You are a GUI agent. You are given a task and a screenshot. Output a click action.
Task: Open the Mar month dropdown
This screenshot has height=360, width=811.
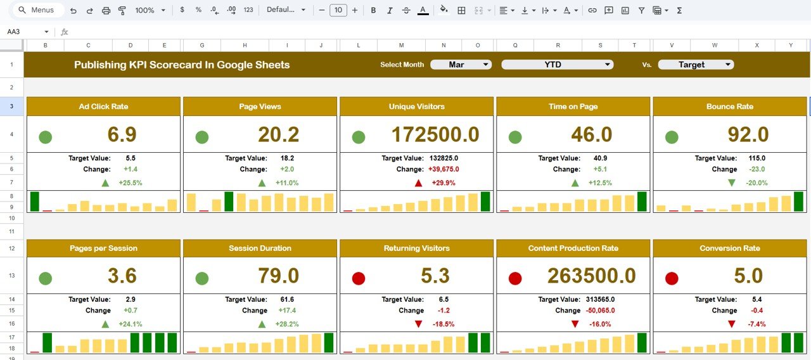click(461, 65)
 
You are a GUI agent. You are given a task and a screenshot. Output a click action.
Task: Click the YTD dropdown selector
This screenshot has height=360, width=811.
click(557, 65)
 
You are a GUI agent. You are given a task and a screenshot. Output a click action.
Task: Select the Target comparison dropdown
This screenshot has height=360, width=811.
click(696, 65)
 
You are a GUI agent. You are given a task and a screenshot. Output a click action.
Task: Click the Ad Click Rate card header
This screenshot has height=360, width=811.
click(103, 106)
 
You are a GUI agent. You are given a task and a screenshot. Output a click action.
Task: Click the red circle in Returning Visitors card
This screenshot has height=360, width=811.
click(359, 278)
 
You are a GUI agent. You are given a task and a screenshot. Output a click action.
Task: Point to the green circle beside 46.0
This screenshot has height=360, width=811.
click(515, 137)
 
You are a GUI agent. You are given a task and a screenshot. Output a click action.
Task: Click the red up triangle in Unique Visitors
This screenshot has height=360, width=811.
click(418, 183)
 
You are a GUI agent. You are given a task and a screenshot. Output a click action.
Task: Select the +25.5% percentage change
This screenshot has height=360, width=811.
click(130, 183)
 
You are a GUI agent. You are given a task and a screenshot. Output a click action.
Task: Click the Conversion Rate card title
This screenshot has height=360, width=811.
click(729, 248)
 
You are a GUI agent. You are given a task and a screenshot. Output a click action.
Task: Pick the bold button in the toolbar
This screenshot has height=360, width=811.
click(373, 10)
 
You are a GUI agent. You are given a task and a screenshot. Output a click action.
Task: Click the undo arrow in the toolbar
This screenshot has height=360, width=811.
click(73, 10)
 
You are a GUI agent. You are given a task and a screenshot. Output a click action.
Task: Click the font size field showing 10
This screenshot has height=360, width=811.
click(338, 10)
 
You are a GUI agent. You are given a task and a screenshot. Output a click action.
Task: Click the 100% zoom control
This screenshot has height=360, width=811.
click(150, 10)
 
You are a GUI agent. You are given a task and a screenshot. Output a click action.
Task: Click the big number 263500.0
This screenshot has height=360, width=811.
click(591, 276)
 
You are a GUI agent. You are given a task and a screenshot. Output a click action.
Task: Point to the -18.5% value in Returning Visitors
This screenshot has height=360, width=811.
click(443, 324)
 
